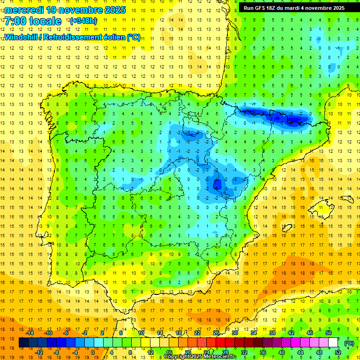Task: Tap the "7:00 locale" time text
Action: point(33,21)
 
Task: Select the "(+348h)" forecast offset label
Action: point(83,21)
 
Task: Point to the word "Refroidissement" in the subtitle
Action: point(70,37)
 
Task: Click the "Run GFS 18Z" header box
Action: point(292,8)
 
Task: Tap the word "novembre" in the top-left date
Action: point(82,10)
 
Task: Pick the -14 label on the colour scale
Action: point(30,333)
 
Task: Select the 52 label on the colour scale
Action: point(338,352)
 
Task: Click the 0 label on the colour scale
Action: point(93,352)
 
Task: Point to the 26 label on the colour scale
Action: point(216,333)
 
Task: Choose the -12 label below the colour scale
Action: point(39,352)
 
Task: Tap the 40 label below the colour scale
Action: point(282,352)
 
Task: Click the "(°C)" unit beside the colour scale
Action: point(349,343)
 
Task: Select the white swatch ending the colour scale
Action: point(333,343)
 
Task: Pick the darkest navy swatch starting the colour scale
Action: point(23,343)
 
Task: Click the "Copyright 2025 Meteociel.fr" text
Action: point(200,357)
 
